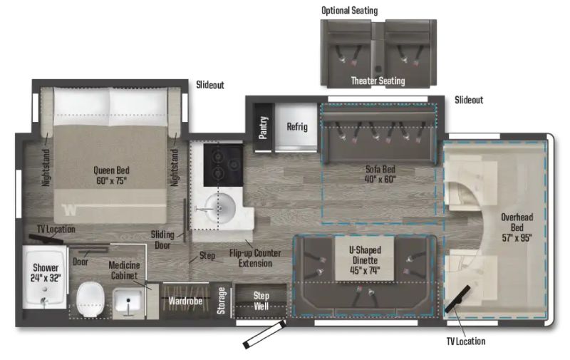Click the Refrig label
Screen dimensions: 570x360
tap(297, 127)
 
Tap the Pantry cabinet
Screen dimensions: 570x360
tap(263, 128)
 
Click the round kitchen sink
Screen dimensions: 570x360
tap(219, 207)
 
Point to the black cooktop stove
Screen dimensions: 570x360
tap(223, 165)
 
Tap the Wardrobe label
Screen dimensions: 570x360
tap(185, 301)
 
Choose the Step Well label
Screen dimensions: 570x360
tap(261, 301)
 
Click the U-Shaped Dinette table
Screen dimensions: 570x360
tap(364, 259)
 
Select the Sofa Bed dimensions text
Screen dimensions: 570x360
tap(380, 179)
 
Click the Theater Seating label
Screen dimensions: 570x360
tap(378, 81)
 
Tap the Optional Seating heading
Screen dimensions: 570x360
tap(349, 11)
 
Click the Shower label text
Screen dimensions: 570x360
tap(46, 267)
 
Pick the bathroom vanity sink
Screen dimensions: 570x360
tap(128, 302)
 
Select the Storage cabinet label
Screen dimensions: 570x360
tap(221, 301)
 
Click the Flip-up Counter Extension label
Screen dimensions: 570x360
tap(255, 258)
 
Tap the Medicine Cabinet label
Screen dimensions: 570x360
tap(124, 270)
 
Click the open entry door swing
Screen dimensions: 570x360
tap(264, 334)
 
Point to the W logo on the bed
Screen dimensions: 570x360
tap(69, 210)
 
